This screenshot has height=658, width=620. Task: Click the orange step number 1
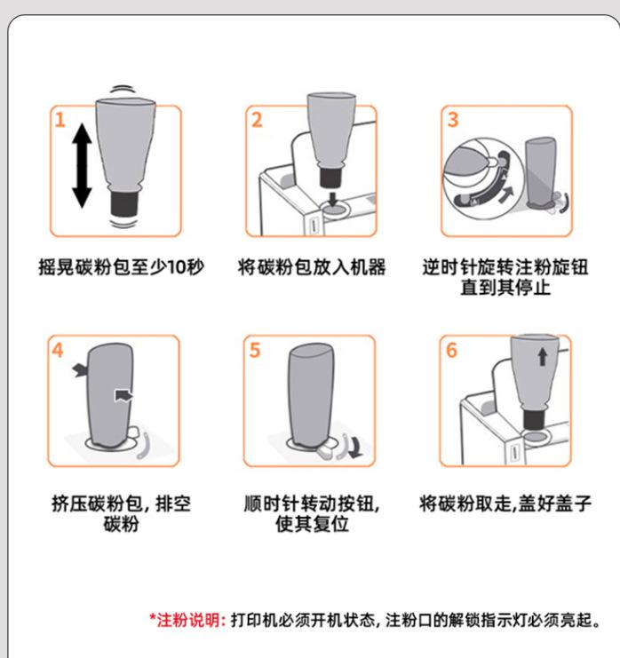point(60,120)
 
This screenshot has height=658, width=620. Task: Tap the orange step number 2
point(257,120)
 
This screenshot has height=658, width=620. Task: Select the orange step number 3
point(452,120)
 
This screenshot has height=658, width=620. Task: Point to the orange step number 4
point(58,350)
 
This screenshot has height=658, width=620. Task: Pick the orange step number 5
point(255,350)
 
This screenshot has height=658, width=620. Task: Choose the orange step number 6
point(451,350)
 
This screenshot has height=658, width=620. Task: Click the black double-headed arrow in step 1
point(82,166)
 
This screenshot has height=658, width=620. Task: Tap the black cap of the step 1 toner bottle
point(124,203)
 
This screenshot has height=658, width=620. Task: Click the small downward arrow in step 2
point(333,199)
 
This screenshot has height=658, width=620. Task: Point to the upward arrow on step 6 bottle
point(543,357)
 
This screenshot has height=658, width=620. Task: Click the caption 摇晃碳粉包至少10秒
point(122,267)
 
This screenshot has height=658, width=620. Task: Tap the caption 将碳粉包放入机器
point(312,267)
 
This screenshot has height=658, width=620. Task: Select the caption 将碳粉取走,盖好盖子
point(505,503)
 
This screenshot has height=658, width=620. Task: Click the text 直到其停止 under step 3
point(505,288)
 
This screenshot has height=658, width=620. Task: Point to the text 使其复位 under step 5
point(312,523)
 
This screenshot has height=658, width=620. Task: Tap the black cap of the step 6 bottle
point(535,419)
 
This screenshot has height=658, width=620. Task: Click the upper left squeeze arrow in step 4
point(80,369)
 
